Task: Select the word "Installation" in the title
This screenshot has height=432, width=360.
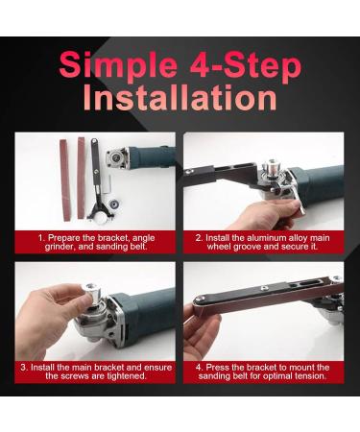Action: pos(180,100)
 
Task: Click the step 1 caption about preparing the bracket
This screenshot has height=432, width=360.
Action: pos(95,241)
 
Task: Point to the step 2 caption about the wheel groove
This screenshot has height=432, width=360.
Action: pos(263,241)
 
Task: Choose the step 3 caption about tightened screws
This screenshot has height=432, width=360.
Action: pos(95,372)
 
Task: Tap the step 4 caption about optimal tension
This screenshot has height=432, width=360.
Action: pos(263,372)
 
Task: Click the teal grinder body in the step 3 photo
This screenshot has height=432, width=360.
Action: pos(149,307)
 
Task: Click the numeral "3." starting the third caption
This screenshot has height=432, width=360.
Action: pos(24,367)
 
